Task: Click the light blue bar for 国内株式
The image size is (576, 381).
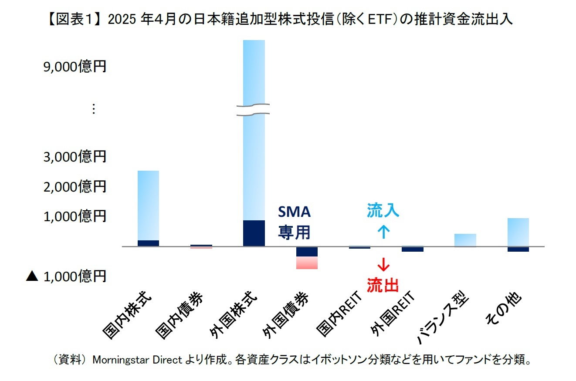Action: click(148, 205)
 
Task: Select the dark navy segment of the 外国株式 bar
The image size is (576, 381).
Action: click(254, 233)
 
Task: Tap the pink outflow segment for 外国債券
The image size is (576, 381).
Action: click(307, 263)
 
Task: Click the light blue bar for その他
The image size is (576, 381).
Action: click(518, 232)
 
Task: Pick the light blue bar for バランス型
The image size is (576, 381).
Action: click(465, 240)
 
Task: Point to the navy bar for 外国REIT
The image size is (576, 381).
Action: click(412, 249)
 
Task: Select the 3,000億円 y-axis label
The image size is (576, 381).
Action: click(75, 157)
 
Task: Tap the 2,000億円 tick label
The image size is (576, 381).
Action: click(75, 187)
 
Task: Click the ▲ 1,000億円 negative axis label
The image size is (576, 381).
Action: click(66, 276)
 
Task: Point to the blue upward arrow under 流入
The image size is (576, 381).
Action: click(383, 231)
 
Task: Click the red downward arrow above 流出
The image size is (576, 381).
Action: click(383, 264)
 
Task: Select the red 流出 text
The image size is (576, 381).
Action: click(383, 285)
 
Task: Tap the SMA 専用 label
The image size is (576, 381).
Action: click(295, 223)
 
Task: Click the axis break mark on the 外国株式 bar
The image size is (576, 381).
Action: click(254, 110)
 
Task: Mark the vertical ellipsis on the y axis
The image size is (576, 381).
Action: click(92, 109)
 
